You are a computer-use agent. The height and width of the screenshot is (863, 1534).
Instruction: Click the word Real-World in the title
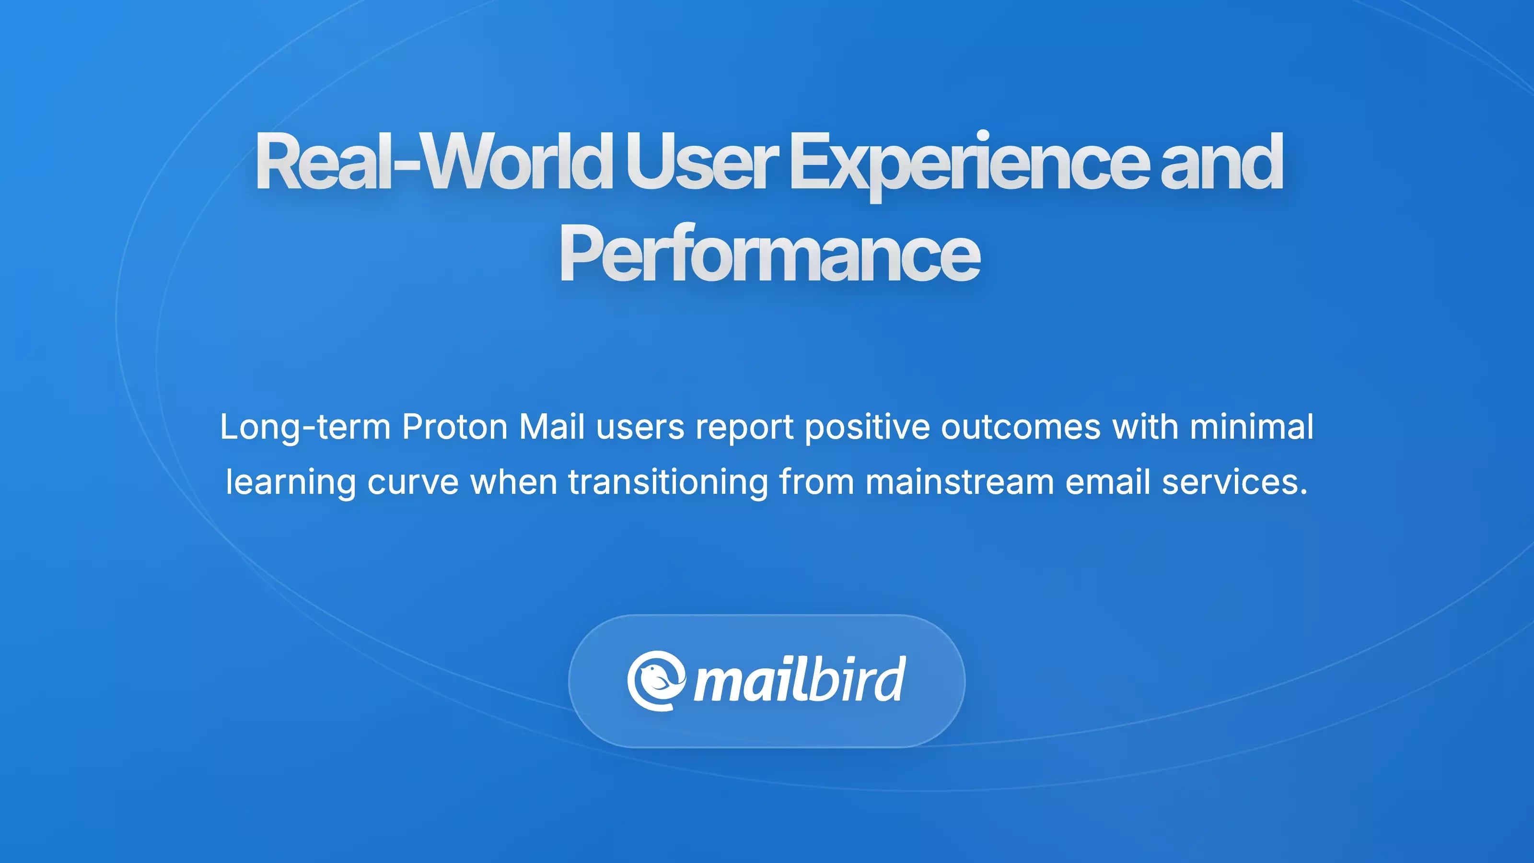pos(433,162)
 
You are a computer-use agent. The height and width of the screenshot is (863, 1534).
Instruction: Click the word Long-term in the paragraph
pos(305,427)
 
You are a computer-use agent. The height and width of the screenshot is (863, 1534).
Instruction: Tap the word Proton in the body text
pos(454,427)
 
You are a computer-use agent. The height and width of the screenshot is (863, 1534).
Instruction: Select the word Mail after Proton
pos(551,427)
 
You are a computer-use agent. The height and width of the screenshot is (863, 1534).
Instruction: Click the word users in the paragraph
pos(640,427)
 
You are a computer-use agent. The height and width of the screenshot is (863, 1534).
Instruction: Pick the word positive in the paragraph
pos(867,427)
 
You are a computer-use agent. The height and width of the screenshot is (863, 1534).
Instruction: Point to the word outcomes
pos(1021,427)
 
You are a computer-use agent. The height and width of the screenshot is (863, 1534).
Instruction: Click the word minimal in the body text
pos(1251,427)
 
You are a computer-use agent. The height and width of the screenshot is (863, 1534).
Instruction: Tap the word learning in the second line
pos(291,482)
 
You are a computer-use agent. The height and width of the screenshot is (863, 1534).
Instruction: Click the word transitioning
pos(668,482)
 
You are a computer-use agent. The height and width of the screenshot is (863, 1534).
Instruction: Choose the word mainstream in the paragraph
pos(959,482)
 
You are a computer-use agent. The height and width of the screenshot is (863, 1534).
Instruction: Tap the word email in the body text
pos(1108,482)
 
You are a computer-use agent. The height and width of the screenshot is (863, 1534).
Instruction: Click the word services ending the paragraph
pos(1234,482)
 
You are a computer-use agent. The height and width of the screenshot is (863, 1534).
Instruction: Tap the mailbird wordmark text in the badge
pos(800,681)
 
